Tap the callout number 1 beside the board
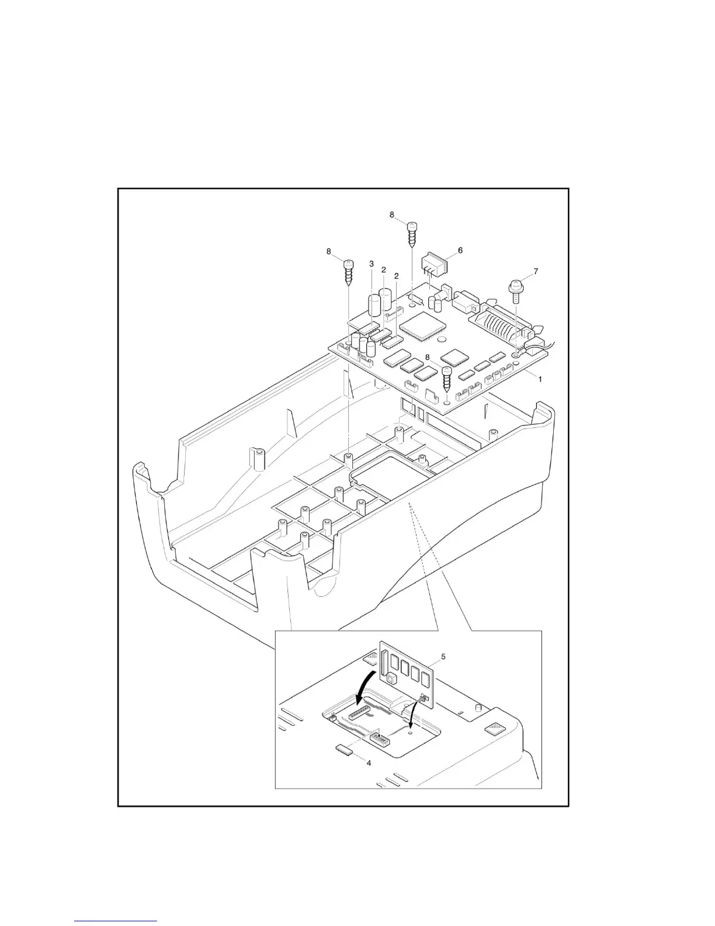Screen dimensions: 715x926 [540, 379]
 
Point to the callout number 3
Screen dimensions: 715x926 [372, 264]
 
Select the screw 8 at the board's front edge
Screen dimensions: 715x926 [448, 379]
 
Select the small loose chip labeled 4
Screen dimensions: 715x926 [343, 750]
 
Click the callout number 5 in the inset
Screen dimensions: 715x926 [443, 657]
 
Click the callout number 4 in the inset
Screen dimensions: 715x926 [367, 762]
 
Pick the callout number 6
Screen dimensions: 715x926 [460, 250]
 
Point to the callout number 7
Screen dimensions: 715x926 [536, 271]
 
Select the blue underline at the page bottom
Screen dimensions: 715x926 [116, 922]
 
